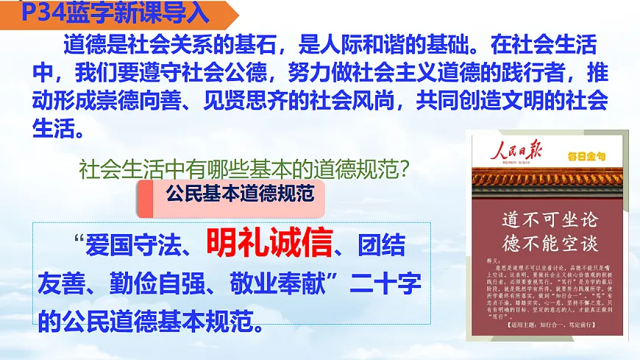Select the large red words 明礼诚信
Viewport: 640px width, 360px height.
[269, 241]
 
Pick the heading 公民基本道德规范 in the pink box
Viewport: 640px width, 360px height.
[241, 194]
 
